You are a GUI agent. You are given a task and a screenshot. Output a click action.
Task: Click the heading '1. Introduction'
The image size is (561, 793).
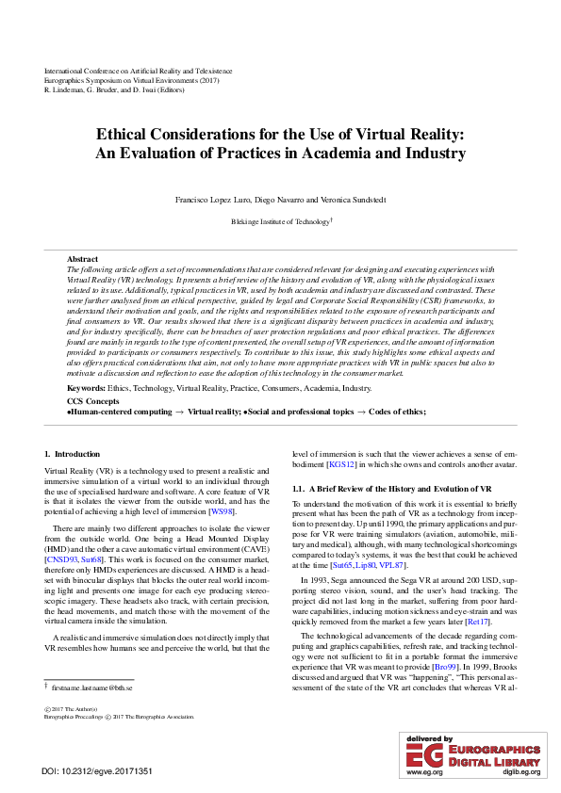pyautogui.click(x=72, y=455)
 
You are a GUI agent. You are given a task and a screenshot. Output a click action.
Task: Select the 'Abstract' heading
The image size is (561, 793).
pyautogui.click(x=82, y=258)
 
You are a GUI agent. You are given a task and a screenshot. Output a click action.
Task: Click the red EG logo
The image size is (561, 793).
pyautogui.click(x=423, y=754)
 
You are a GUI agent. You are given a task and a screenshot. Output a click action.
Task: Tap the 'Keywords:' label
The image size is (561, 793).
pyautogui.click(x=86, y=387)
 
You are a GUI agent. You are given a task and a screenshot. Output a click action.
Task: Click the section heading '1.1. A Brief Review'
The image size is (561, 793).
pyautogui.click(x=391, y=490)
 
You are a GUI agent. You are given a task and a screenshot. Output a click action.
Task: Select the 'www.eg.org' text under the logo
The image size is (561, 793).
pyautogui.click(x=424, y=771)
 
